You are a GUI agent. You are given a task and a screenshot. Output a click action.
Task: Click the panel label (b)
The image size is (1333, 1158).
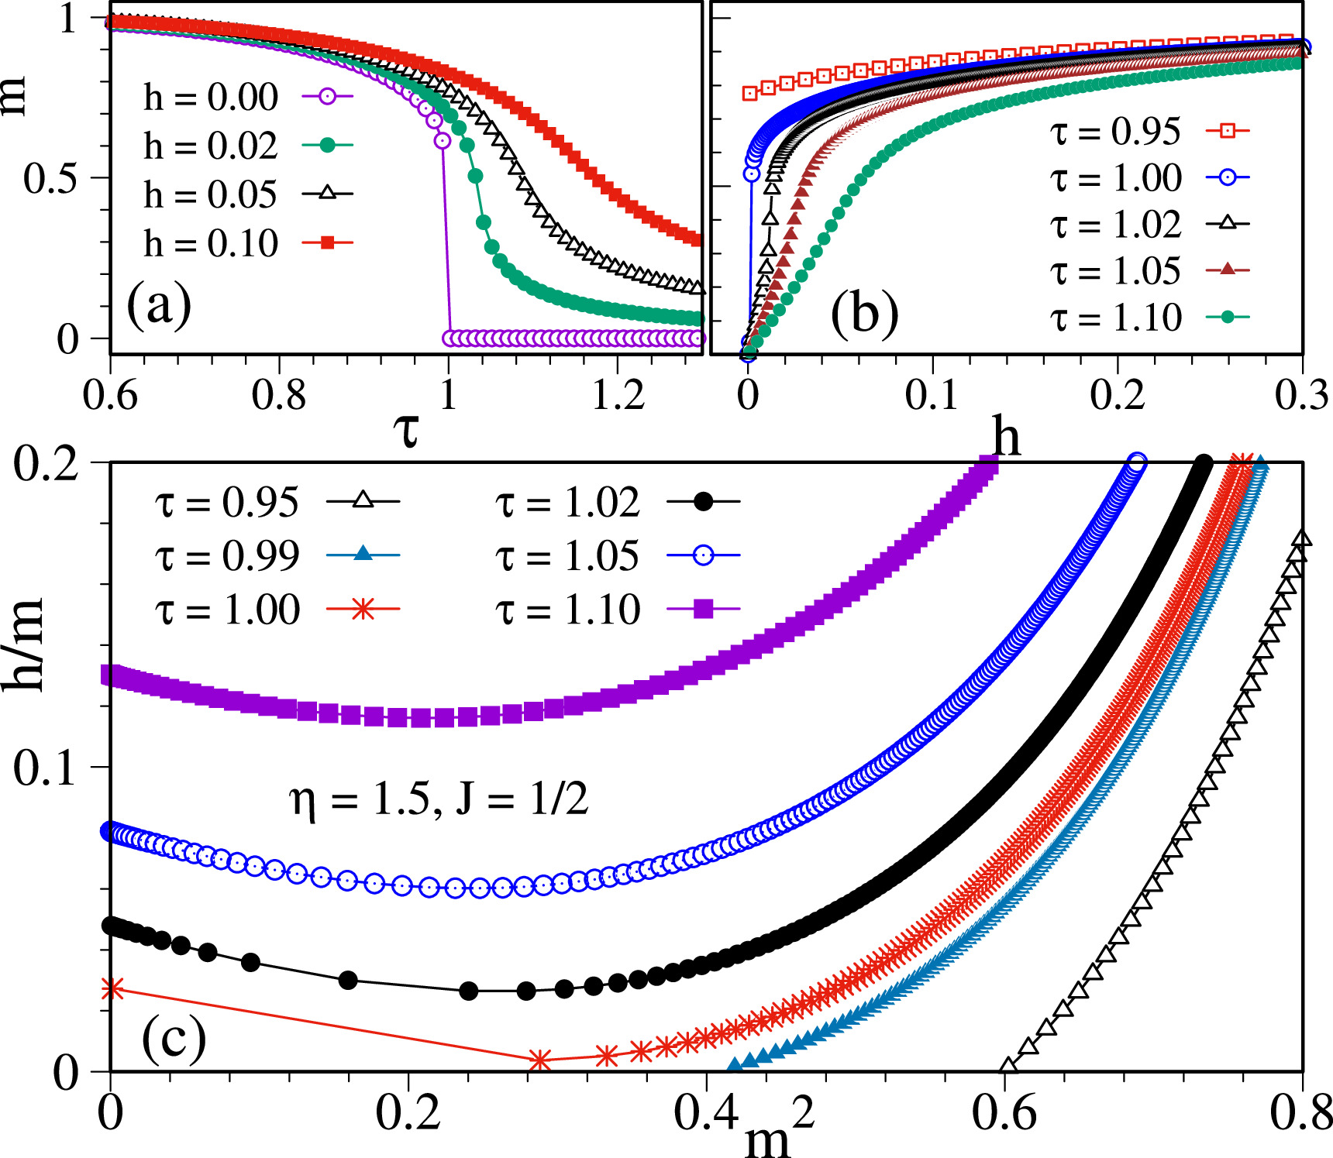(x=864, y=314)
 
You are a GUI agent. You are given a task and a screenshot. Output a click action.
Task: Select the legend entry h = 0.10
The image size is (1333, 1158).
(x=210, y=243)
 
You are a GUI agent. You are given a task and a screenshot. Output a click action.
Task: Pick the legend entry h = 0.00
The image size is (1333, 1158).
(x=210, y=97)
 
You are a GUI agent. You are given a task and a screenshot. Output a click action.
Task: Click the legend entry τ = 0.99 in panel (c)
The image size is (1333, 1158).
(x=227, y=555)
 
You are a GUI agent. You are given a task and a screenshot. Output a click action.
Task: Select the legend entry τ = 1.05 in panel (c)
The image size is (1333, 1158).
(x=568, y=555)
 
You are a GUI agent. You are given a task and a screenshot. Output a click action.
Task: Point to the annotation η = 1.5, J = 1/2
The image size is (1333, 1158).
(x=439, y=799)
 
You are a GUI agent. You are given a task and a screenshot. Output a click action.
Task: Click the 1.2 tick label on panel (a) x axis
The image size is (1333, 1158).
(x=618, y=396)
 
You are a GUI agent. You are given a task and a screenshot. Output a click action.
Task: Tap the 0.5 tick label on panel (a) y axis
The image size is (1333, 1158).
(x=50, y=179)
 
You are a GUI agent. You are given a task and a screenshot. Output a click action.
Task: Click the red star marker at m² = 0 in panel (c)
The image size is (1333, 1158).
(x=112, y=988)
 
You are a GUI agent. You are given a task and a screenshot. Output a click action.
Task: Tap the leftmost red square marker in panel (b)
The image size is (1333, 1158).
(x=749, y=93)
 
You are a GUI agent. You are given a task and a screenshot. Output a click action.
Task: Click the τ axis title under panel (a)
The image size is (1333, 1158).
(x=405, y=431)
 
